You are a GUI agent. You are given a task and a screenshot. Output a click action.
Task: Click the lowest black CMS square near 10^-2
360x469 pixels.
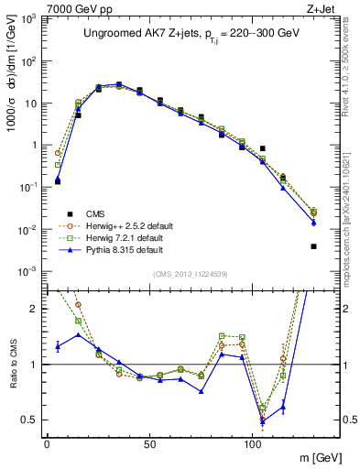click(x=313, y=245)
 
